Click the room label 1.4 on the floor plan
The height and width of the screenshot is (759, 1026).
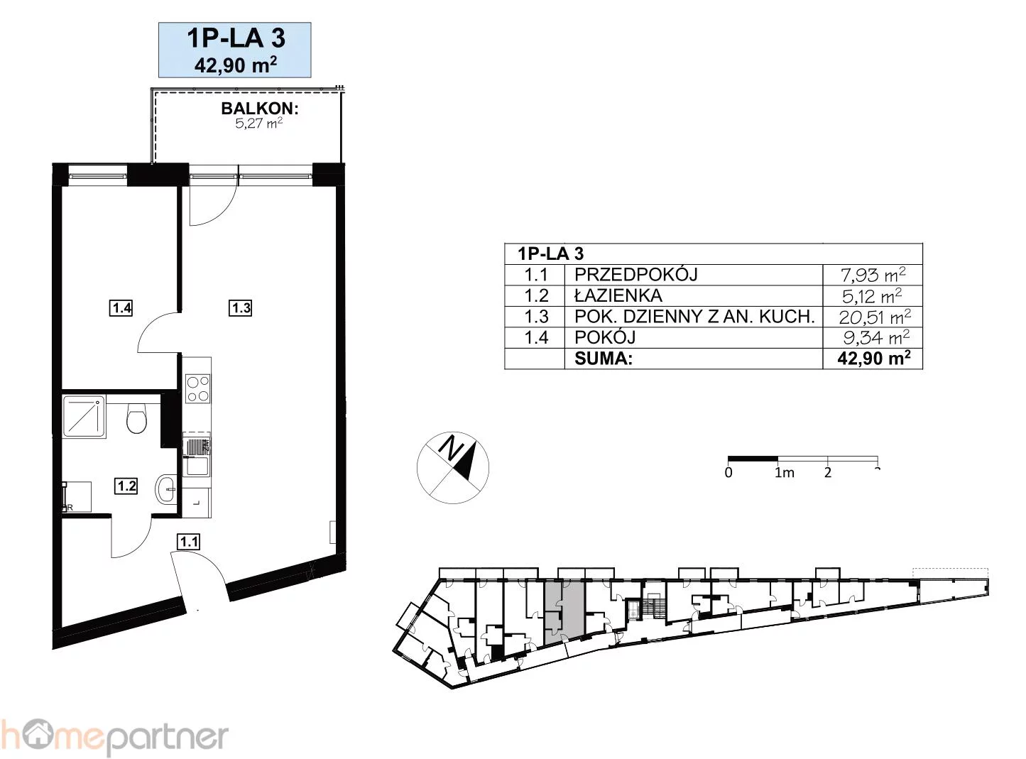click(121, 308)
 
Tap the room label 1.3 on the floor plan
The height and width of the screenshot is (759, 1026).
click(241, 308)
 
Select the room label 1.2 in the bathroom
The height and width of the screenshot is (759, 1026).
click(126, 486)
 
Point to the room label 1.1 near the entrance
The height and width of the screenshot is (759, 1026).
click(188, 542)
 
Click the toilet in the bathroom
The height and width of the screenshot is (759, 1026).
click(136, 418)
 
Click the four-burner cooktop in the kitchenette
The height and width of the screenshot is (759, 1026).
click(197, 388)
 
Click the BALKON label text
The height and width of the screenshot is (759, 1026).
click(260, 109)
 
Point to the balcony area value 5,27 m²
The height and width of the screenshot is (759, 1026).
click(259, 124)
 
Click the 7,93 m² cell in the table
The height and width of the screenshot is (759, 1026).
click(873, 275)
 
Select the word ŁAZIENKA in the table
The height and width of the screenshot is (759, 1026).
click(618, 295)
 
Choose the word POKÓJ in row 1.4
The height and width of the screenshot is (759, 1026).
click(605, 337)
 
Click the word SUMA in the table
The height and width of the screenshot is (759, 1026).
click(603, 359)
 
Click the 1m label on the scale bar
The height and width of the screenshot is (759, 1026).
click(784, 473)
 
